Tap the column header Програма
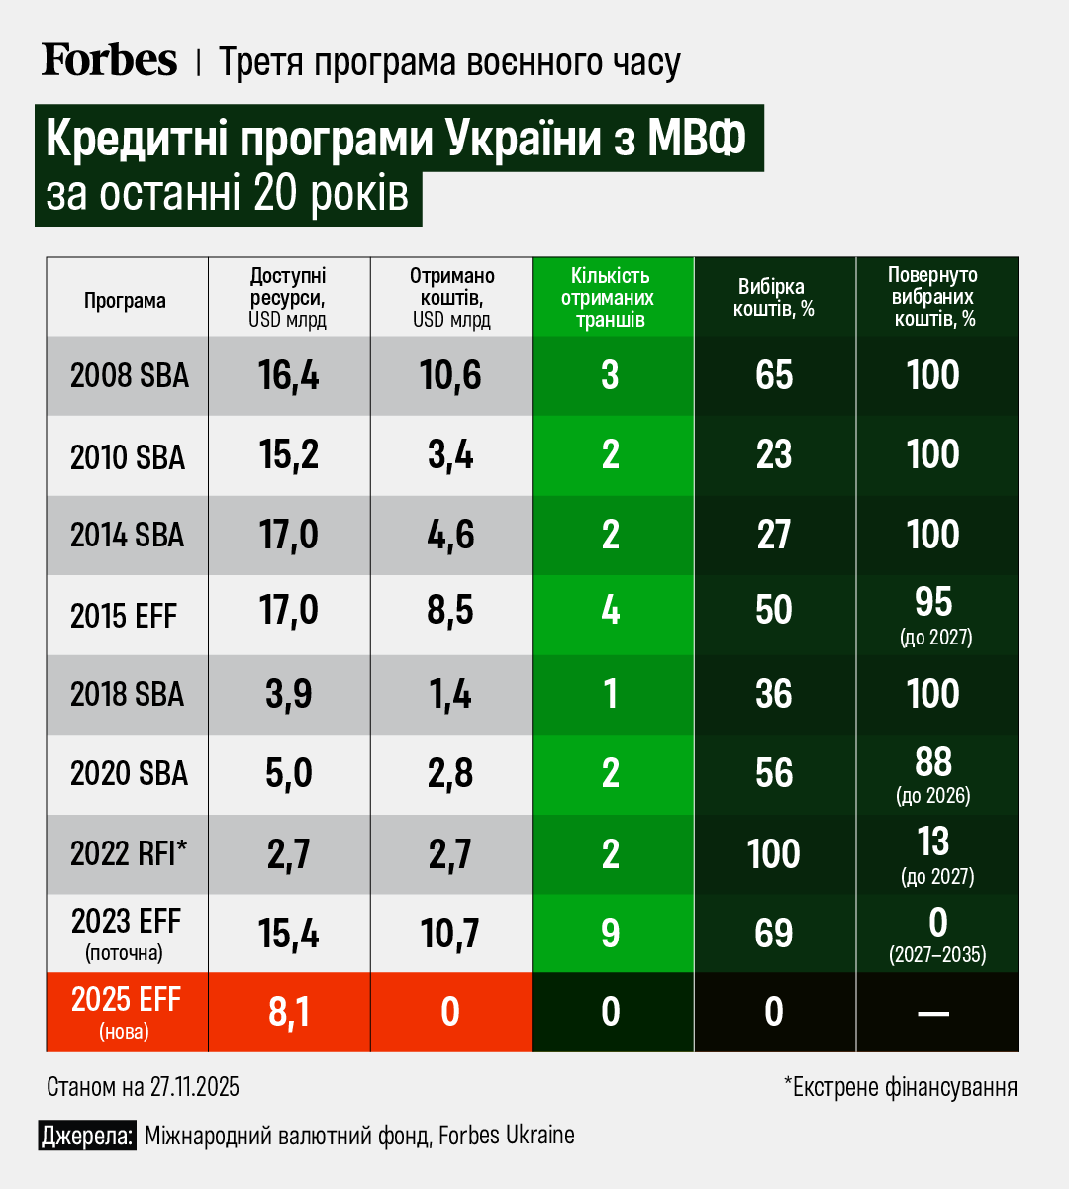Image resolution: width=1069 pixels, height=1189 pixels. coord(126,300)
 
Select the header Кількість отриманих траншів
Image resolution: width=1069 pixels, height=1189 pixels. coord(610,297)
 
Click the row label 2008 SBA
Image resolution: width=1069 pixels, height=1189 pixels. coord(129,376)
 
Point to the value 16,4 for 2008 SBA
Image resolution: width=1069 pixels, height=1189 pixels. coord(289,376)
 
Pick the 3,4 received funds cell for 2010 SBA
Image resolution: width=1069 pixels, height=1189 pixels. coord(450,455)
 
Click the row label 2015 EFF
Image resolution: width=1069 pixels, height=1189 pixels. coord(124,616)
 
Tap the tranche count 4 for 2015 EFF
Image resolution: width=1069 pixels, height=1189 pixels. coord(611,610)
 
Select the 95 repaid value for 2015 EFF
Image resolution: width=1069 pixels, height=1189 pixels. coord(933,602)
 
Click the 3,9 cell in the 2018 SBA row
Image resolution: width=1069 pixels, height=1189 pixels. coord(289,694)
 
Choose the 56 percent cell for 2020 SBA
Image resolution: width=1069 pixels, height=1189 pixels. coord(774,773)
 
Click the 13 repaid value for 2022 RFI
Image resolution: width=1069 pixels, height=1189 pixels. coord(933,842)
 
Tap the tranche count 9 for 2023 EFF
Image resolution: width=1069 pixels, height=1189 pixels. coord(611,934)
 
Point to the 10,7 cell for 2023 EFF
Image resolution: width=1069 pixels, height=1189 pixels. coord(450,934)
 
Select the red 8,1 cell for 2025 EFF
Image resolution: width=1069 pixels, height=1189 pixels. coord(289,1012)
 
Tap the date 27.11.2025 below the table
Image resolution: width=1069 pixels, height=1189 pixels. coord(195,1087)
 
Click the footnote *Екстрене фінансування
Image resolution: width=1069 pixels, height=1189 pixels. coord(901,1087)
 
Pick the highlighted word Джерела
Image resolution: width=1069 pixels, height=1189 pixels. coord(87,1136)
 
